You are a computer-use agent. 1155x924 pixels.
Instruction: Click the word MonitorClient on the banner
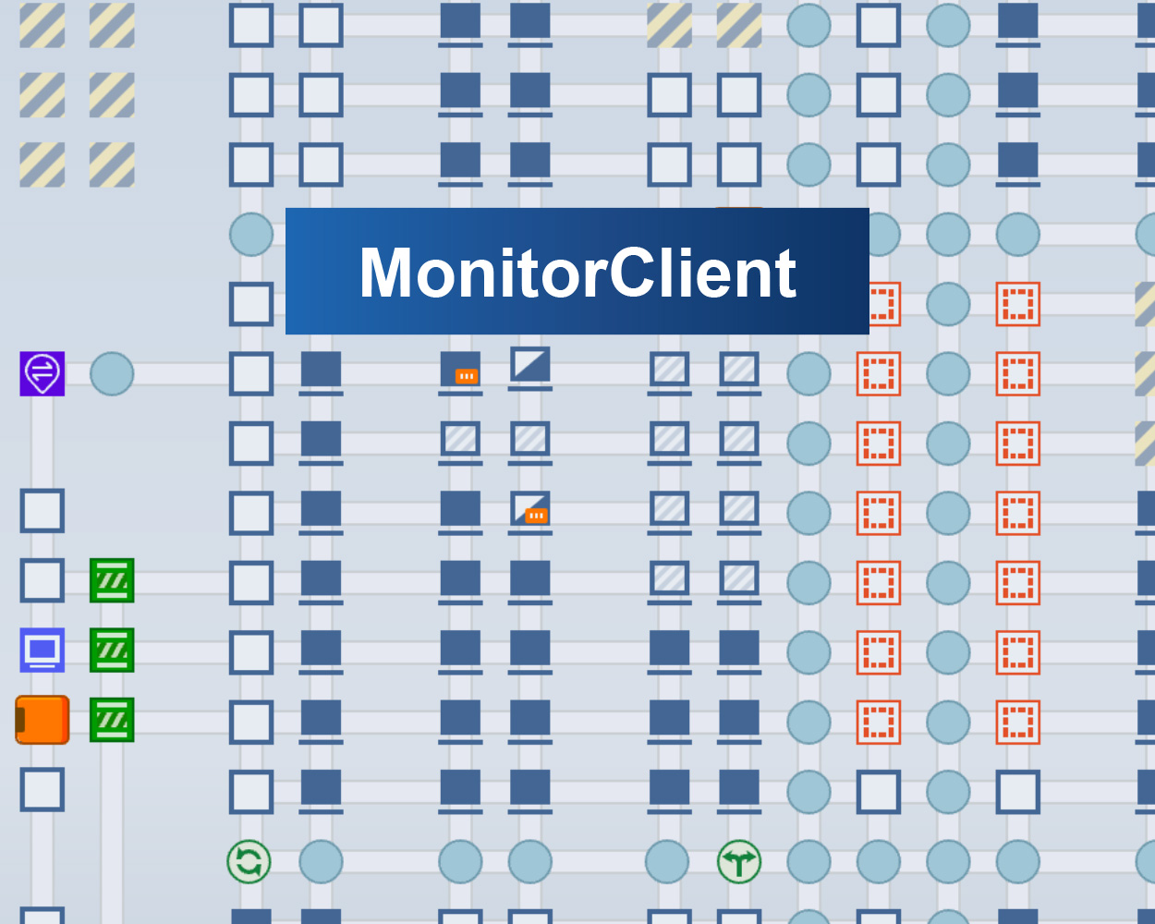(x=577, y=273)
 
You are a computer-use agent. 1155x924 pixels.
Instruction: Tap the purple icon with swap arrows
(x=43, y=373)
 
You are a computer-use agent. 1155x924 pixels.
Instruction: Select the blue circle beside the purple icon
(x=112, y=374)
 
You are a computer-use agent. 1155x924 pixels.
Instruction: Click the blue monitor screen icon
(x=43, y=650)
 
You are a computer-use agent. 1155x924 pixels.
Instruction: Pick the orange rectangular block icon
(x=43, y=720)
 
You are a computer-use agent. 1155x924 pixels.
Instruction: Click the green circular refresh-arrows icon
(x=249, y=862)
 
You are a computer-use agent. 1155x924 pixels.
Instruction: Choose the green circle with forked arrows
(x=739, y=862)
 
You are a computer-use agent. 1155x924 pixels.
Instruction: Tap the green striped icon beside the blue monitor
(x=112, y=650)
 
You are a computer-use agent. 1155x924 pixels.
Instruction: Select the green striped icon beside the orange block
(x=112, y=720)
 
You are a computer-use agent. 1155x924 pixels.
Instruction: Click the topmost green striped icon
(x=112, y=580)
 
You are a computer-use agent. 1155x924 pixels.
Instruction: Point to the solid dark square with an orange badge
(x=460, y=370)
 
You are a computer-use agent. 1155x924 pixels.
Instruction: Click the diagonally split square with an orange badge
(x=530, y=509)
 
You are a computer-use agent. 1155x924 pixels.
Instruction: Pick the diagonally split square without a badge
(x=530, y=366)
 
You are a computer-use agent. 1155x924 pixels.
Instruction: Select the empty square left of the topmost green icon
(x=43, y=580)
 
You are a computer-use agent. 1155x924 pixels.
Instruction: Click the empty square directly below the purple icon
(x=43, y=511)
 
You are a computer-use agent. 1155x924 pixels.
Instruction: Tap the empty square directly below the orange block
(x=43, y=790)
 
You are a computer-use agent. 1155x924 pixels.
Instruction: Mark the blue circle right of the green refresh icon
(x=321, y=862)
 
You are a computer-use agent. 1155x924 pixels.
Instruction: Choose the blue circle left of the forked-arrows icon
(x=667, y=862)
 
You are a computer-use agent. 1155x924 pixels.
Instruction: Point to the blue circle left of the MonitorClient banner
(x=251, y=235)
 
